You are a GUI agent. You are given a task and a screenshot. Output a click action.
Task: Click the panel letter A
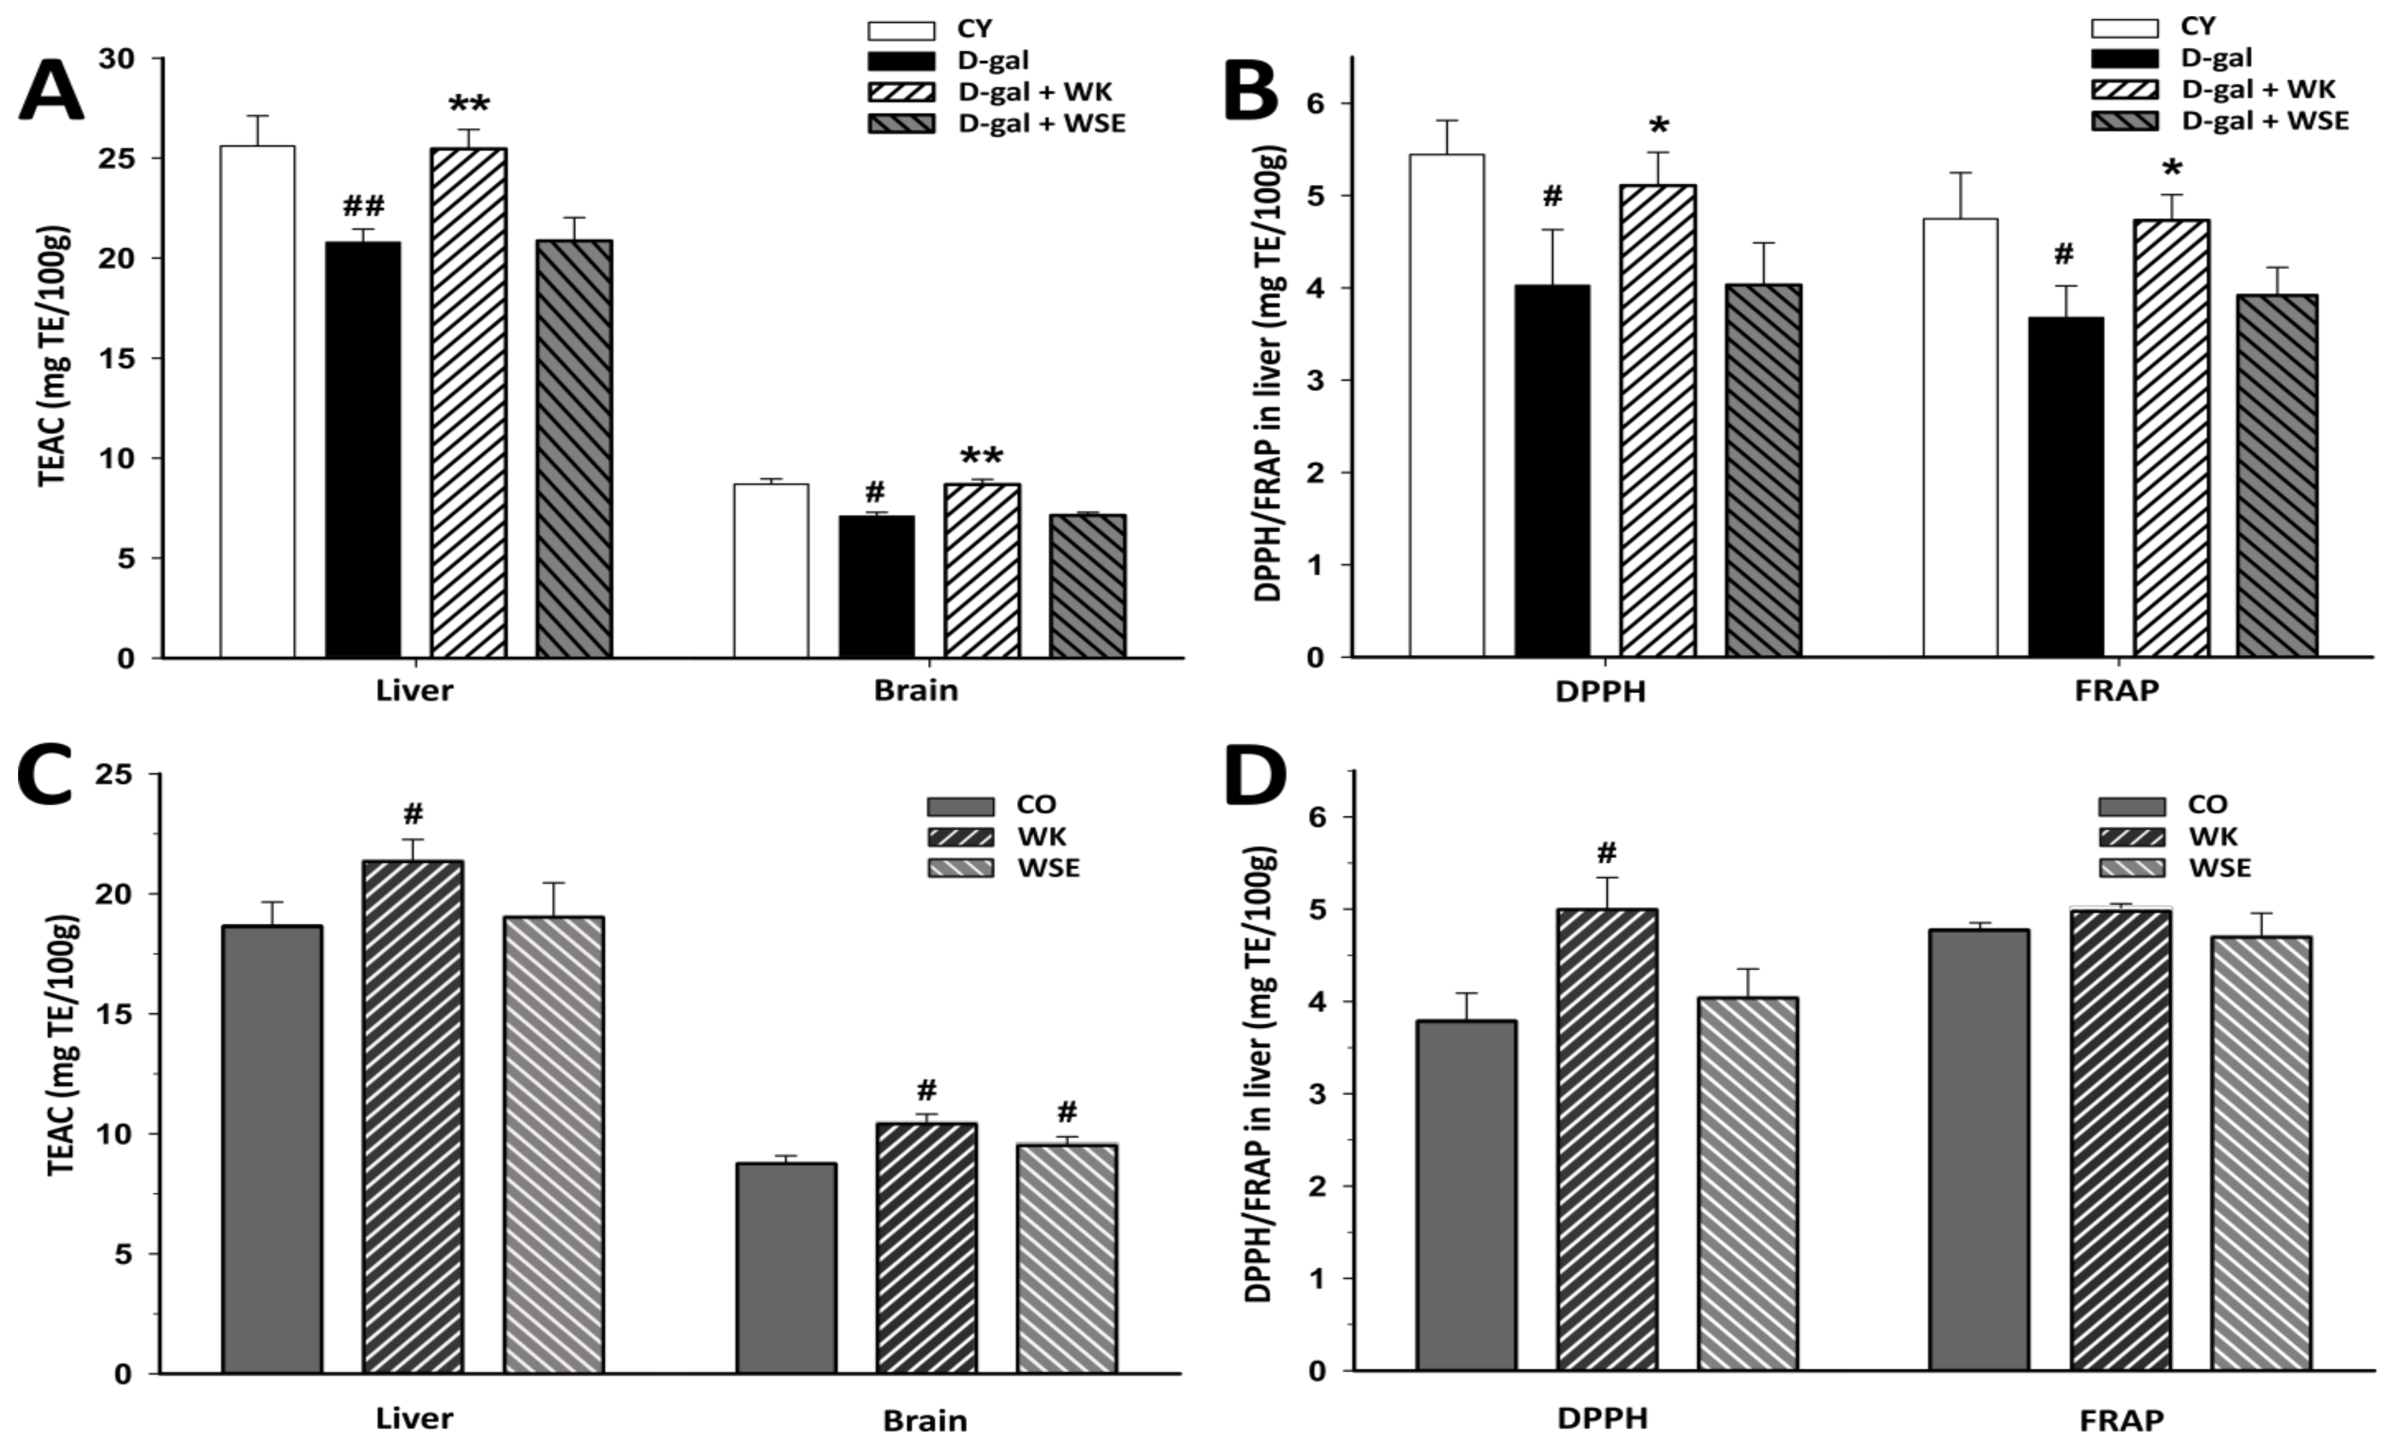51,89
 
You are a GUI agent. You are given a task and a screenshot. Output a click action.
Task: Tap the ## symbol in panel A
363,205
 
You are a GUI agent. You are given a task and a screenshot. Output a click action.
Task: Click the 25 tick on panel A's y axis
116,159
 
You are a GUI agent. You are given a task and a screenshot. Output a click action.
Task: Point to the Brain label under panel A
915,690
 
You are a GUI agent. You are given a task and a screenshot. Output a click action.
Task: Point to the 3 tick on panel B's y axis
1316,381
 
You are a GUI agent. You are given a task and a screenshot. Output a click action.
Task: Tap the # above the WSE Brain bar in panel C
1067,1111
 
